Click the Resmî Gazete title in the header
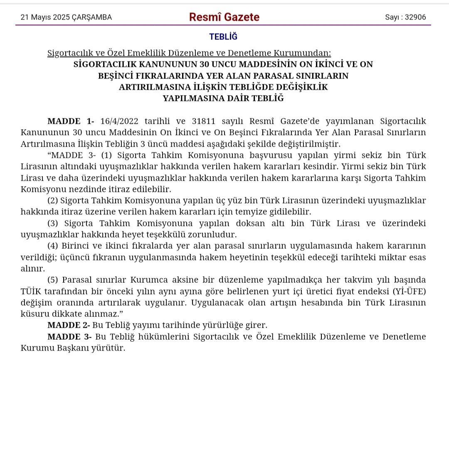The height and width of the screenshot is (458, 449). click(x=224, y=17)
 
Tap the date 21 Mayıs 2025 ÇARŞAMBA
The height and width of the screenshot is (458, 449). click(x=66, y=17)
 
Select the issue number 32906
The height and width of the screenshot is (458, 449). click(x=415, y=17)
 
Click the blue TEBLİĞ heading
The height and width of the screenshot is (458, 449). click(x=223, y=37)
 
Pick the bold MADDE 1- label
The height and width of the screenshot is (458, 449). click(x=71, y=121)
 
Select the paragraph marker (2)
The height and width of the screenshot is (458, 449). click(x=53, y=201)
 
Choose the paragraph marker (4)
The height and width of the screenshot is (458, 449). click(x=53, y=246)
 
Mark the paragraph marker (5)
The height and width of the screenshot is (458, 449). click(x=53, y=280)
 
